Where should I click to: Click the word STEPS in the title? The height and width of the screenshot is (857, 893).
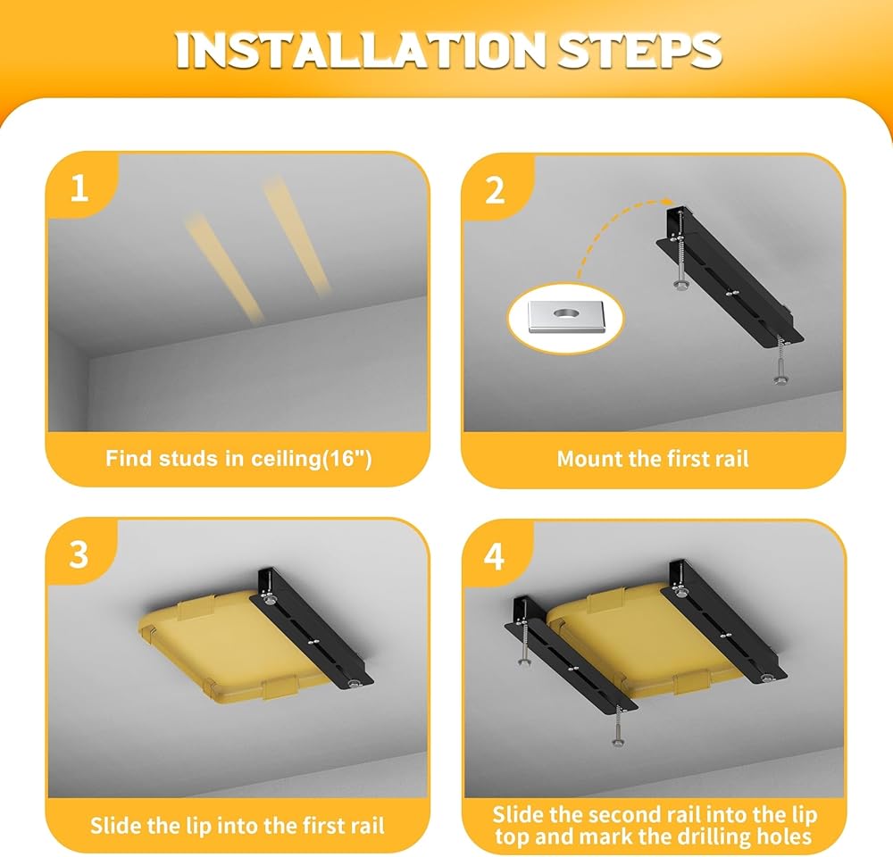point(639,51)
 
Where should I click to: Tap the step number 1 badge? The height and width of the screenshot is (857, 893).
point(79,187)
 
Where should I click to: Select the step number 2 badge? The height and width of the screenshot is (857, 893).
point(495,190)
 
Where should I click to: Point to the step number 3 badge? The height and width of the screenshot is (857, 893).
point(79,553)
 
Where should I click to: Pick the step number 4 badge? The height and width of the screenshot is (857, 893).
point(495,556)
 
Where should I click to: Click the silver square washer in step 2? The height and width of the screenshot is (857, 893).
point(565,317)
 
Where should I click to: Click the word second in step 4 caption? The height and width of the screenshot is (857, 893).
point(625,815)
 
